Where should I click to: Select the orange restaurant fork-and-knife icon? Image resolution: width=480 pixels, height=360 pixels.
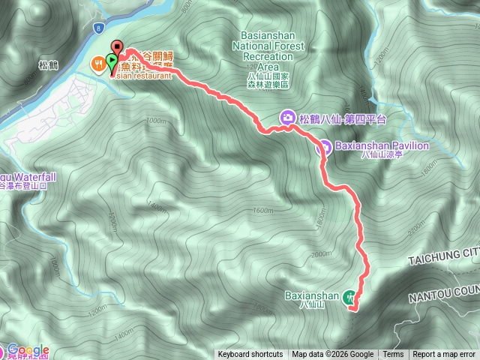(98, 64)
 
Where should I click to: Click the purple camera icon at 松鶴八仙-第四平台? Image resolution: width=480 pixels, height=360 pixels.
(287, 118)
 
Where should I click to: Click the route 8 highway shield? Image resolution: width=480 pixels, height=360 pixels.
(98, 27)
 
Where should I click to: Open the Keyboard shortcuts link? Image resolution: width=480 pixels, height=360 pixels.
(250, 355)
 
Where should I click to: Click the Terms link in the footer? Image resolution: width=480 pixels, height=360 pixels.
(393, 355)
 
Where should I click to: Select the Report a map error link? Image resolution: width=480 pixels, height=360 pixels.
(444, 355)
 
